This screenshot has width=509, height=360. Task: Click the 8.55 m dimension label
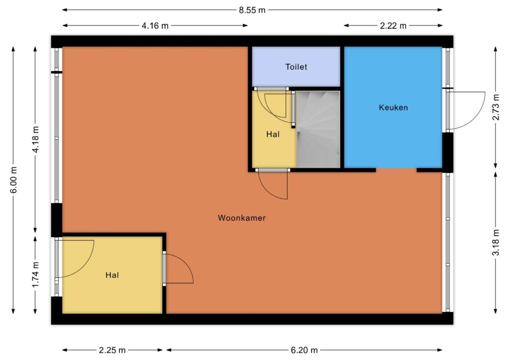pyautogui.click(x=252, y=10)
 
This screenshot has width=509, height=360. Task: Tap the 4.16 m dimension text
pyautogui.click(x=155, y=26)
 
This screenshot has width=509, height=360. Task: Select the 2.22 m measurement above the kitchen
pyautogui.click(x=393, y=26)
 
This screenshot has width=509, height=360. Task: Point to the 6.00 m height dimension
pyautogui.click(x=13, y=180)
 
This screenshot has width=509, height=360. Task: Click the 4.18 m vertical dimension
pyautogui.click(x=35, y=140)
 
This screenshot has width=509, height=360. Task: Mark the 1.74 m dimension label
pyautogui.click(x=35, y=274)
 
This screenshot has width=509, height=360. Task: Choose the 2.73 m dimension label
pyautogui.click(x=496, y=107)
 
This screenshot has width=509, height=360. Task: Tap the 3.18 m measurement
pyautogui.click(x=496, y=243)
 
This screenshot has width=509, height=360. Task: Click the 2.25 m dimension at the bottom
pyautogui.click(x=112, y=350)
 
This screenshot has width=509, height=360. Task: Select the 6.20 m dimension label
pyautogui.click(x=304, y=350)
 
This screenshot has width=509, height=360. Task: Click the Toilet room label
pyautogui.click(x=296, y=67)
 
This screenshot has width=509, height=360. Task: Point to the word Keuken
pyautogui.click(x=394, y=107)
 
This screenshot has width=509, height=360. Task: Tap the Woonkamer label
pyautogui.click(x=242, y=218)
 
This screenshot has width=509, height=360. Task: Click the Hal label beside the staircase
pyautogui.click(x=273, y=134)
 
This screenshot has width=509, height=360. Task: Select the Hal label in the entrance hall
pyautogui.click(x=112, y=275)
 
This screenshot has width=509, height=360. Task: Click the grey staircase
pyautogui.click(x=318, y=129)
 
